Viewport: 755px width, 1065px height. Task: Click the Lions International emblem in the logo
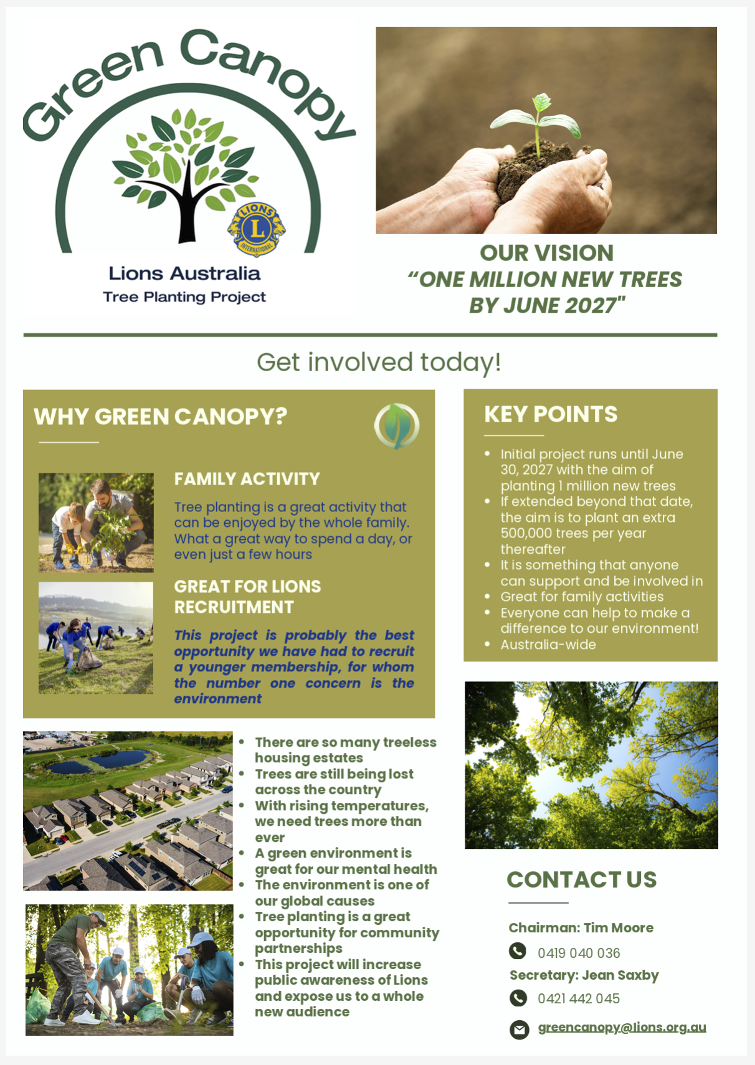(x=256, y=230)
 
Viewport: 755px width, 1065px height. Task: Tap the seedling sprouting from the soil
(x=536, y=123)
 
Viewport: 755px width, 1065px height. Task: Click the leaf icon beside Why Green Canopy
(x=397, y=426)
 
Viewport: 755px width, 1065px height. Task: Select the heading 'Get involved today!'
(x=379, y=362)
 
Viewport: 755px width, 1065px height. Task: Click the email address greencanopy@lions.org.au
(x=622, y=1028)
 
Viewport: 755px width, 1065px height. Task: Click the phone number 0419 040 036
(x=579, y=953)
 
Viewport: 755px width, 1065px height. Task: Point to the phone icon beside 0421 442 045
(x=518, y=998)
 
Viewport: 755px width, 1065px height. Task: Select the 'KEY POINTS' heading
(x=551, y=414)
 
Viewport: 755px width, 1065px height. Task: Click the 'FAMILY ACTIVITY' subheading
(x=247, y=479)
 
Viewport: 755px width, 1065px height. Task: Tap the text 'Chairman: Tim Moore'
(x=581, y=927)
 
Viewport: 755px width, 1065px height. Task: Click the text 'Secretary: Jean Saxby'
(x=584, y=975)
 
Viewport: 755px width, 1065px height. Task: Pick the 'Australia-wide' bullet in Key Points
(x=548, y=645)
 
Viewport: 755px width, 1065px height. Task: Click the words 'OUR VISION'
(x=547, y=253)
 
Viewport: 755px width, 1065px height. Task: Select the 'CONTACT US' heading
(x=581, y=879)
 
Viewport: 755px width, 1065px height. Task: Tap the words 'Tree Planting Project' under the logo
(x=184, y=297)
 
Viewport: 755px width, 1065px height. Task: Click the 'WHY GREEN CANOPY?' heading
(x=160, y=417)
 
